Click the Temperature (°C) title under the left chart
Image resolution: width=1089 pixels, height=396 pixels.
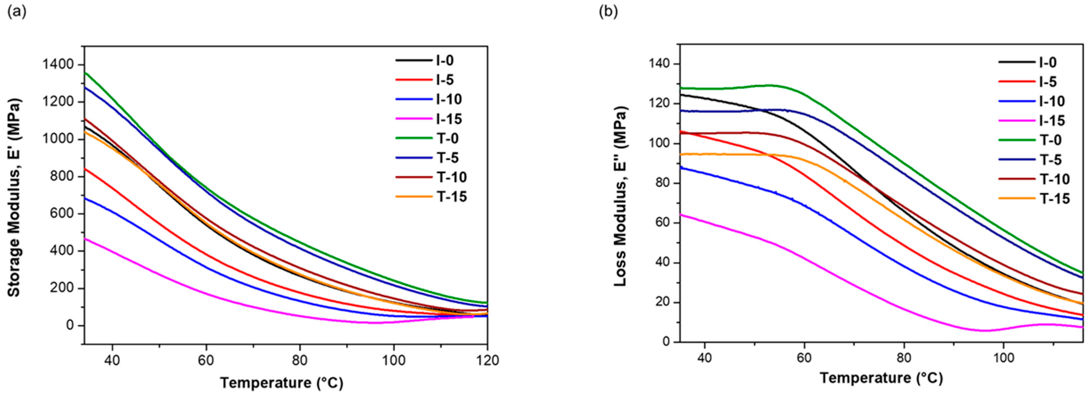coord(282,383)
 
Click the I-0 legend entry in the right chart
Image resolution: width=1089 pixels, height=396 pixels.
coord(1028,62)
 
